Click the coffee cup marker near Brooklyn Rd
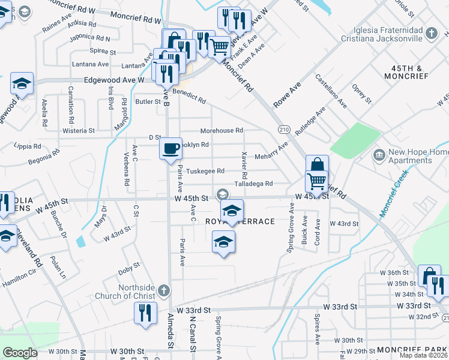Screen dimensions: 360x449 170,148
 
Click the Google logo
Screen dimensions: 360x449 20,353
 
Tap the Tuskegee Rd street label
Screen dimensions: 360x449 205,171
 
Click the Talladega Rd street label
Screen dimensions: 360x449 253,184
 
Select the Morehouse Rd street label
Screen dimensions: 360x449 221,130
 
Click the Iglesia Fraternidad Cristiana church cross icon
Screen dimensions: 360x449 431,33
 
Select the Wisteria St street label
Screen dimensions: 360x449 79,130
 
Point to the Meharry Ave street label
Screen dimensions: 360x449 274,151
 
